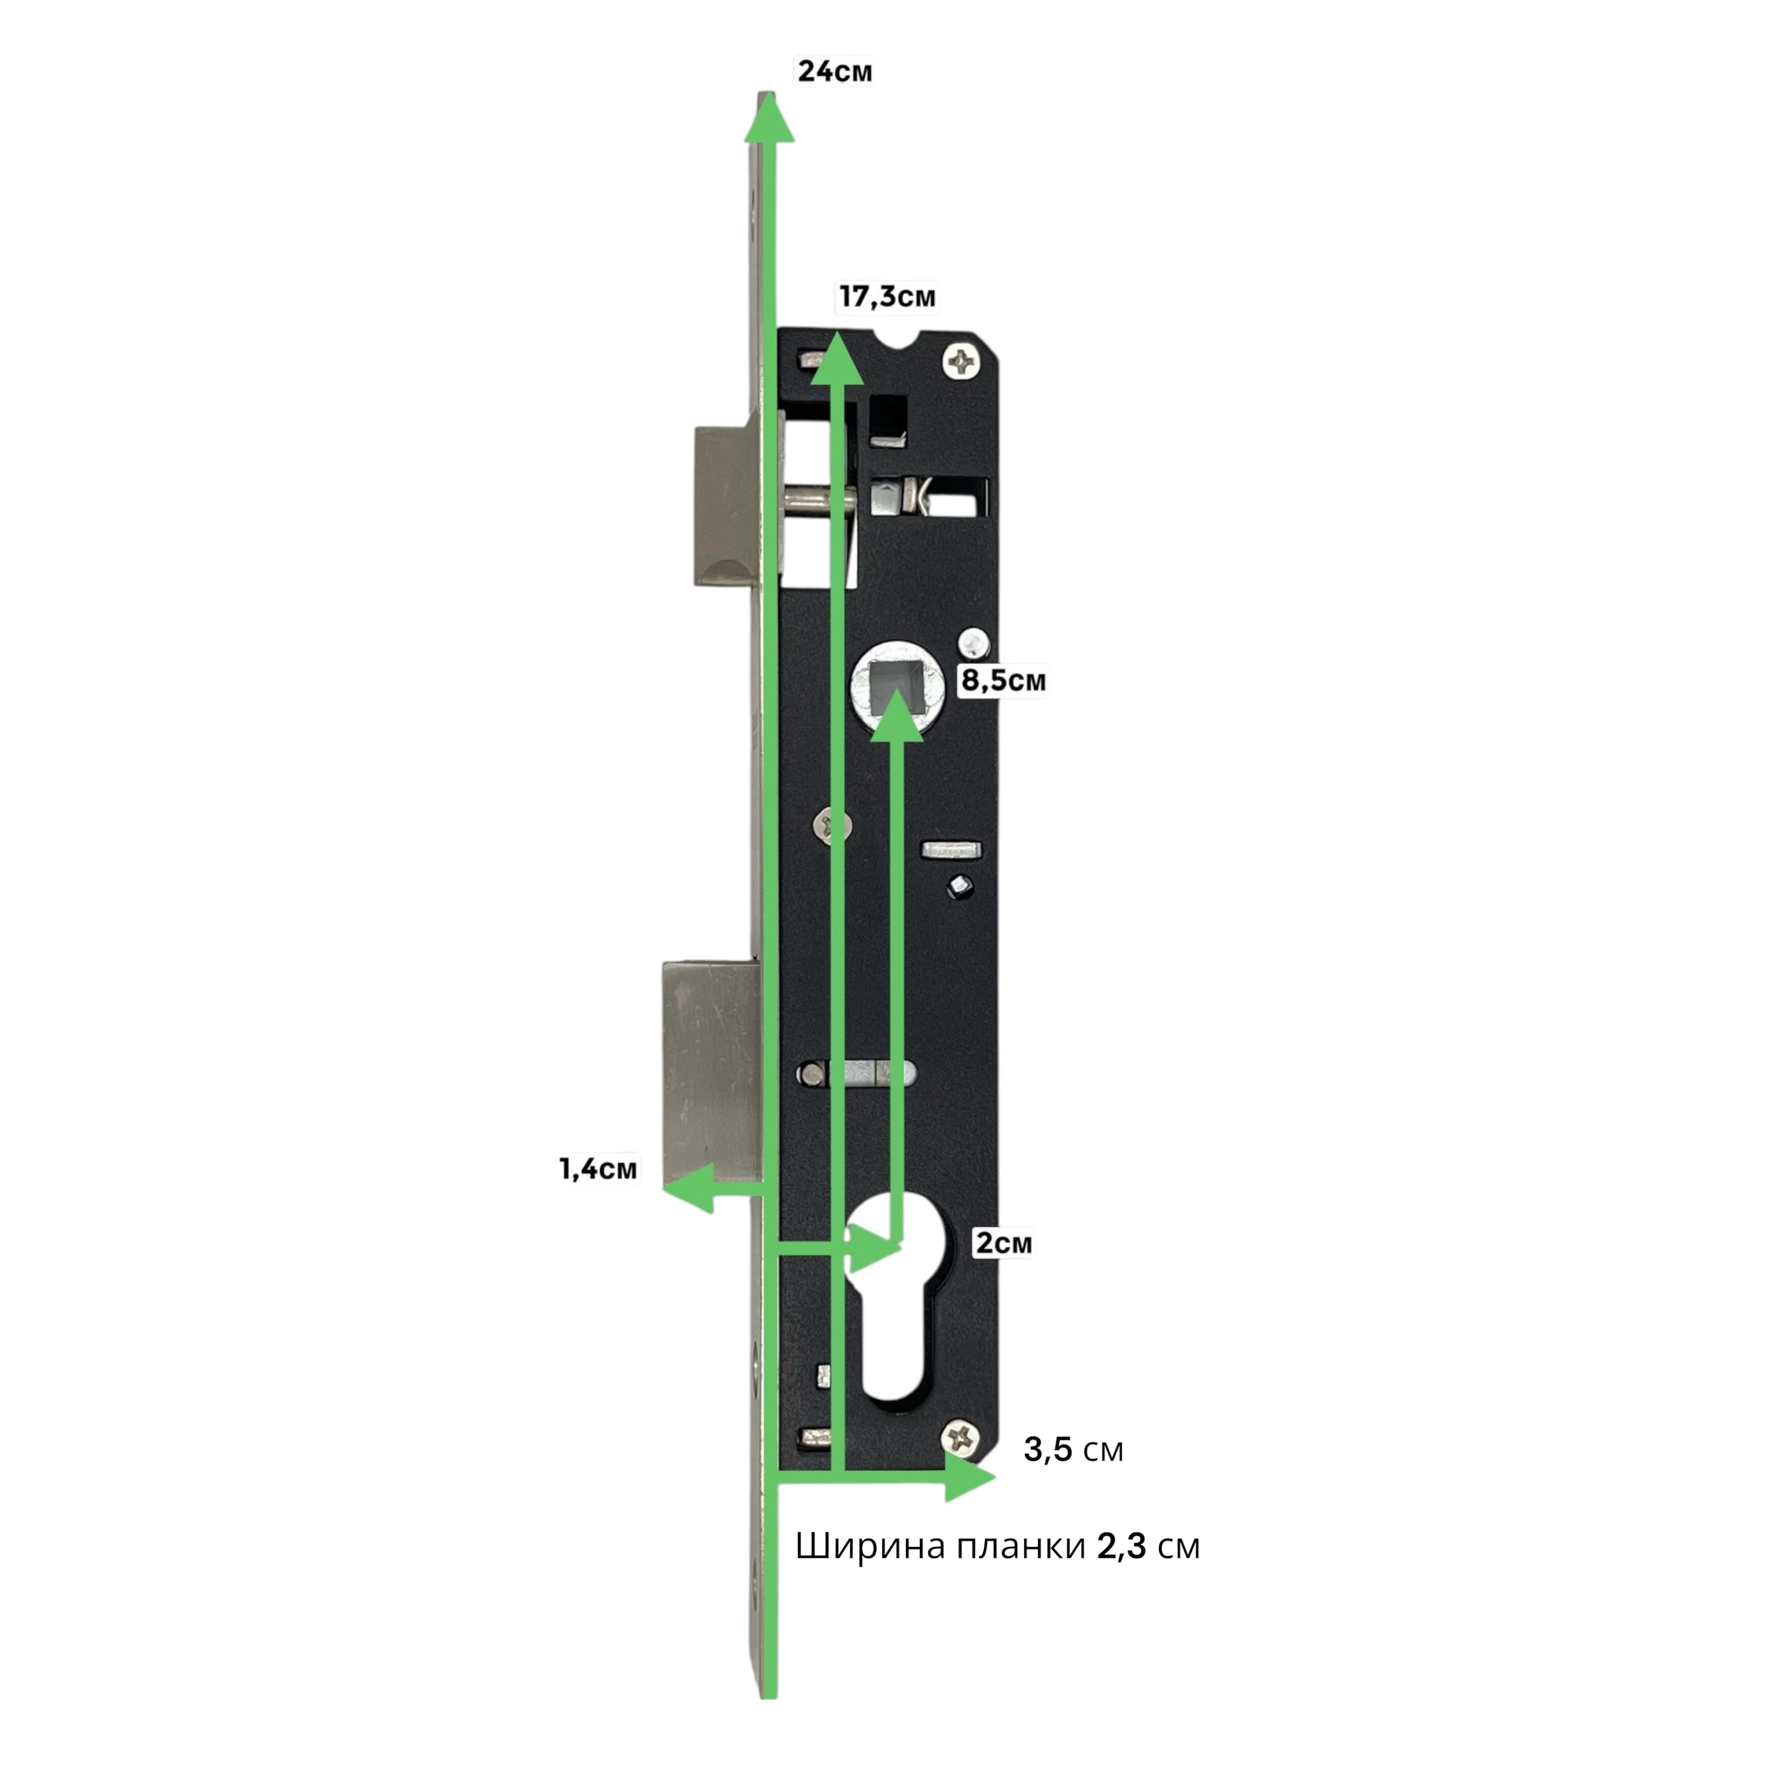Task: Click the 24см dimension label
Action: [x=835, y=72]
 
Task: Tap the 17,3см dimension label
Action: [x=887, y=297]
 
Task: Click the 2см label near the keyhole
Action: [x=1003, y=1244]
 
